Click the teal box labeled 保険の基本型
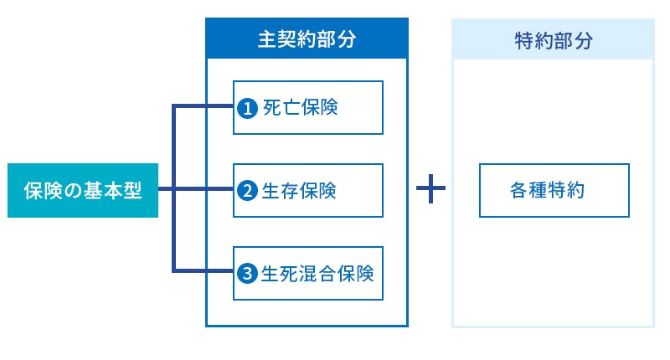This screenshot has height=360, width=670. [82, 191]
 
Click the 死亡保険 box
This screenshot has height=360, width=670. [307, 107]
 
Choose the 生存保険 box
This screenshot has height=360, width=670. [307, 191]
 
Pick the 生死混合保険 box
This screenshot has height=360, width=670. [307, 273]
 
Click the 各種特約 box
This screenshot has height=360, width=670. [554, 191]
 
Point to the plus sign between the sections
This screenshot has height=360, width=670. [430, 191]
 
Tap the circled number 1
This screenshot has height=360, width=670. [247, 108]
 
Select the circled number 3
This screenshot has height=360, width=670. [247, 274]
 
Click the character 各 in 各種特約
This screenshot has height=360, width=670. [518, 191]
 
